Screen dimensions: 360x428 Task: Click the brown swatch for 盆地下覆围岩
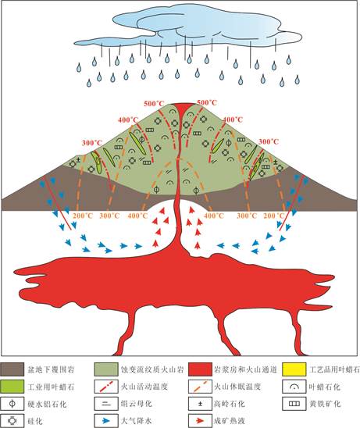(12, 369)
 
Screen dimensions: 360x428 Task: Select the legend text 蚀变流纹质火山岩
(152, 370)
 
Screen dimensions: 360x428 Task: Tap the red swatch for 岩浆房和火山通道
(200, 369)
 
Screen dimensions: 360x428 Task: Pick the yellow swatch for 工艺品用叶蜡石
(294, 369)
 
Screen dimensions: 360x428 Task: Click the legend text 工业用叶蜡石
(51, 387)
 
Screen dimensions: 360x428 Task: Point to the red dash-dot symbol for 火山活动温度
(106, 387)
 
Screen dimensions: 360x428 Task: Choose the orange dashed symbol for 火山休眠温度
(200, 387)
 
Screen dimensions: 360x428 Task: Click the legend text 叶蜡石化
(325, 387)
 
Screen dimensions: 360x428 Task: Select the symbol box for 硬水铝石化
(12, 404)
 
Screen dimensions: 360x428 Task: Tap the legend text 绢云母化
(137, 404)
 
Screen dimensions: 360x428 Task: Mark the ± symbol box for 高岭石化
(200, 404)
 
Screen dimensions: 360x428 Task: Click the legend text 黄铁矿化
(325, 404)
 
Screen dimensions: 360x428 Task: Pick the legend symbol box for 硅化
(12, 421)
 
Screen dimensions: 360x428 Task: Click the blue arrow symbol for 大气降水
(106, 421)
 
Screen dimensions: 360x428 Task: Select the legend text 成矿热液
(230, 421)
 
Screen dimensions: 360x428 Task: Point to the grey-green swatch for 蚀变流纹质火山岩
(106, 369)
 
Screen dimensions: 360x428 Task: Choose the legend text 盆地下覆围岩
(51, 370)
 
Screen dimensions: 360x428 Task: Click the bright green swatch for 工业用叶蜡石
(12, 387)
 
